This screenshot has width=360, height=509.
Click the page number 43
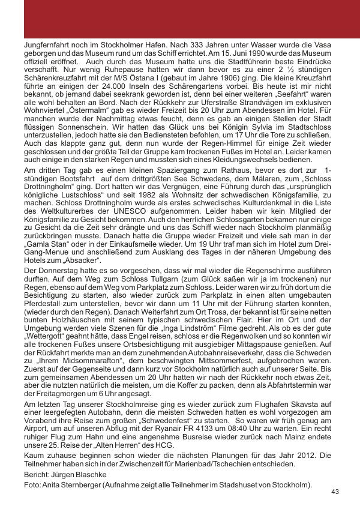(x=335, y=492)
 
